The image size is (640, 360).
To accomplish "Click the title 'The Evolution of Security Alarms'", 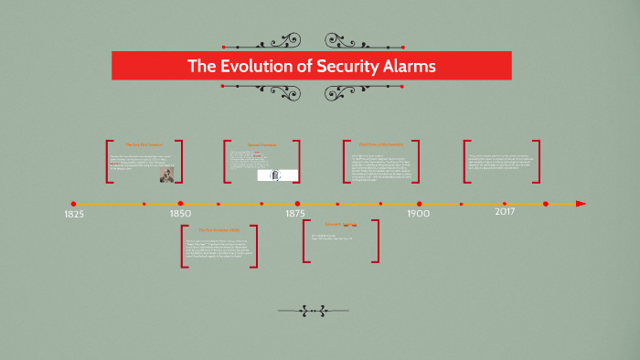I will pos(311,66).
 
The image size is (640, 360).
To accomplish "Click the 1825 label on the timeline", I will pos(74,214).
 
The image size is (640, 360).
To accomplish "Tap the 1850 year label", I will pos(180,214).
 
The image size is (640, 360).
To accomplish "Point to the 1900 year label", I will pos(419,214).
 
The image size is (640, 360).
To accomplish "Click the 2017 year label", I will pos(505,212).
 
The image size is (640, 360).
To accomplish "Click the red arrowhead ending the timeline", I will pos(580,203).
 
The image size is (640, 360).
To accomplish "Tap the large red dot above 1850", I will pos(180,203).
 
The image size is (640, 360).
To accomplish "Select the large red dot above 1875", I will pos(297,203).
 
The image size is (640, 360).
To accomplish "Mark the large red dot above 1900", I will pos(419,203).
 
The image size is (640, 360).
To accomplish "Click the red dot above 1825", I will pos(73,203).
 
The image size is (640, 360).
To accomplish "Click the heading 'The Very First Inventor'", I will pos(143,144).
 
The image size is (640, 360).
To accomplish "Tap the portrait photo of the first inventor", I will pos(167,175).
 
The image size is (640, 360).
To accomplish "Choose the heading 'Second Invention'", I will pos(261,144).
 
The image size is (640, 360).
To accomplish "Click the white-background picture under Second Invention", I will pos(272,175).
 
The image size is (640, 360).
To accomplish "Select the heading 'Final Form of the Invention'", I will pos(380,143).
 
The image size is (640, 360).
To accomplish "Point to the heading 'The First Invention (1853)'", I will pos(219,230).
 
